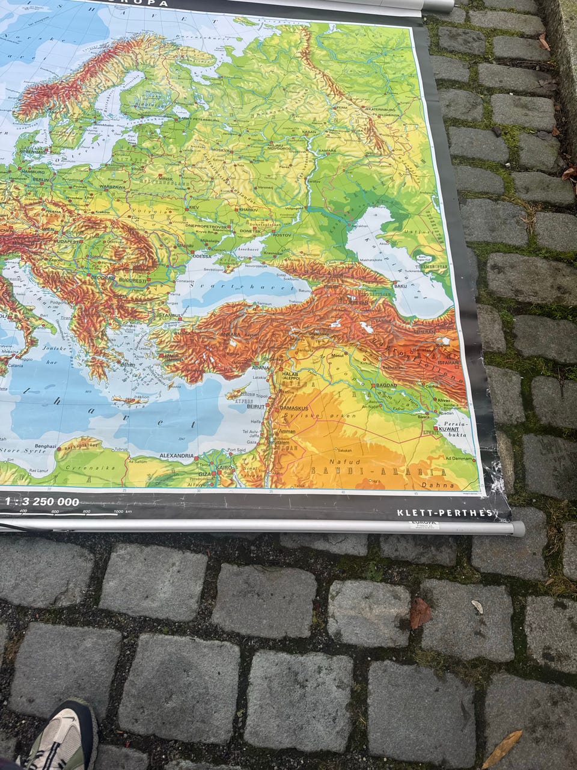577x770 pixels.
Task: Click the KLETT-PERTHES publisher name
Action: [x=444, y=513]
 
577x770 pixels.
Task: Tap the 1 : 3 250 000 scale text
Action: [x=42, y=501]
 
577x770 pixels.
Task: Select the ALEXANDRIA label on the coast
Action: [x=177, y=456]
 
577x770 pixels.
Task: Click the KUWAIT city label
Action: [x=448, y=430]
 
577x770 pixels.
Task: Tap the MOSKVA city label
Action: [x=221, y=150]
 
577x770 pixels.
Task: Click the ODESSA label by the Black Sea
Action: [x=203, y=256]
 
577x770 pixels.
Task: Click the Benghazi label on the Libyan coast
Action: [x=46, y=446]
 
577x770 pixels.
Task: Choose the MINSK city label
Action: [x=165, y=179]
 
